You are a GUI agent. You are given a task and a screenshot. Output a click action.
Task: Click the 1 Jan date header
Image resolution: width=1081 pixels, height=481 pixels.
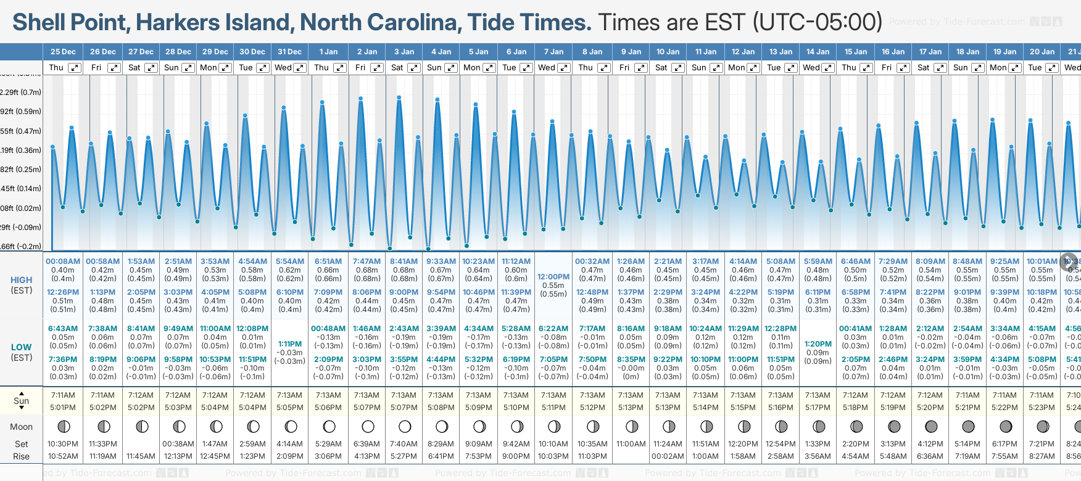pos(328,52)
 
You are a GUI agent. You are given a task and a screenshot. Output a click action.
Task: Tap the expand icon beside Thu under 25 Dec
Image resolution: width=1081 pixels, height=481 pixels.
pos(75,68)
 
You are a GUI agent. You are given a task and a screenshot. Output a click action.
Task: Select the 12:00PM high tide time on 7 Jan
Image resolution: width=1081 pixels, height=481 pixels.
pos(553,277)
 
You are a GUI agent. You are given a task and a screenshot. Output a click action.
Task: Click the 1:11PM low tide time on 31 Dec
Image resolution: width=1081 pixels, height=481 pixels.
pos(289,344)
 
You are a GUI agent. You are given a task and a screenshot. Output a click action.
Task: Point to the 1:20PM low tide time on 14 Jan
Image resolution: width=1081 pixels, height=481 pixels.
pos(818,344)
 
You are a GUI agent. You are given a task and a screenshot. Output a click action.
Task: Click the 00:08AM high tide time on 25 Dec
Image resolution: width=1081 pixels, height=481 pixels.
pos(63,261)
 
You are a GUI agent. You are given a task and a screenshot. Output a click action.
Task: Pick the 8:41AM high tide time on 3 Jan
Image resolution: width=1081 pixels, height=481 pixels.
pos(404,261)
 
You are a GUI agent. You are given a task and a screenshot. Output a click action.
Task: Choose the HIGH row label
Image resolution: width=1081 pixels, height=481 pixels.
pos(21,280)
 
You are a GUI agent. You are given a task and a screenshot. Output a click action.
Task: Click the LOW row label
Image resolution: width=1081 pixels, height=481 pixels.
pos(21,347)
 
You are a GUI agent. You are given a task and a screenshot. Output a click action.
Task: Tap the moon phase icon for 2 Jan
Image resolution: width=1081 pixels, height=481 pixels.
pos(368,426)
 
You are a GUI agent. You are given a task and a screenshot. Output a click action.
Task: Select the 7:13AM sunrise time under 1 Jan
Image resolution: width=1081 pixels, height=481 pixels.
pos(328,395)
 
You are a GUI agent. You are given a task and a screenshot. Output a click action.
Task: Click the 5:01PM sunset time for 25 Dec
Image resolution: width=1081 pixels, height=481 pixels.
pos(63,408)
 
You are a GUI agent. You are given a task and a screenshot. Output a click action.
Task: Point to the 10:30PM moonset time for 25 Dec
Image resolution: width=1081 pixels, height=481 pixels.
pos(63,444)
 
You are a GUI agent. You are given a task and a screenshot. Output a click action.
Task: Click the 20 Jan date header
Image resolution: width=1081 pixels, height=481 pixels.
pos(1042,52)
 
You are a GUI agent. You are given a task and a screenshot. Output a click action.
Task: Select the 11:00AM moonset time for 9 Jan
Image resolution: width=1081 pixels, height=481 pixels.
pos(631,444)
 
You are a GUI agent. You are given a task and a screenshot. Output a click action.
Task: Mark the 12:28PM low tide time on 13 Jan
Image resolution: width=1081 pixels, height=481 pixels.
pos(781,329)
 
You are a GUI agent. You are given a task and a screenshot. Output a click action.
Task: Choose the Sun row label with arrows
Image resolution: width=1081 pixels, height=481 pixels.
pos(21,401)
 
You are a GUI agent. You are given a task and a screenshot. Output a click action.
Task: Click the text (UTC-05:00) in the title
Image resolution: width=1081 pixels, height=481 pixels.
pos(818,22)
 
